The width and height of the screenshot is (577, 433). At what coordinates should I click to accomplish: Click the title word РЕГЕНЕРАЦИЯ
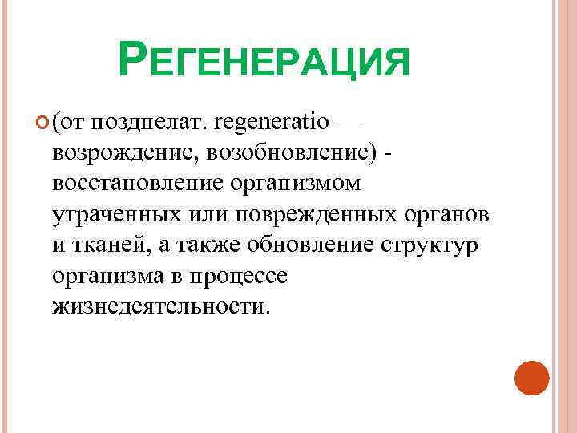[264, 61]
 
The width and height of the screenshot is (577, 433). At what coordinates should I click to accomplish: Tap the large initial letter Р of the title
[132, 58]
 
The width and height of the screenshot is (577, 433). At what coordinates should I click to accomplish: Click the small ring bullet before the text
[42, 123]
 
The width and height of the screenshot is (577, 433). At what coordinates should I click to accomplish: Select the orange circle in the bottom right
[531, 377]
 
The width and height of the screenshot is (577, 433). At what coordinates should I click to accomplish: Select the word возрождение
[119, 154]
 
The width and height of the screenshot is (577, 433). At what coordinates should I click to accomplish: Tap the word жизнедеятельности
[159, 306]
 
